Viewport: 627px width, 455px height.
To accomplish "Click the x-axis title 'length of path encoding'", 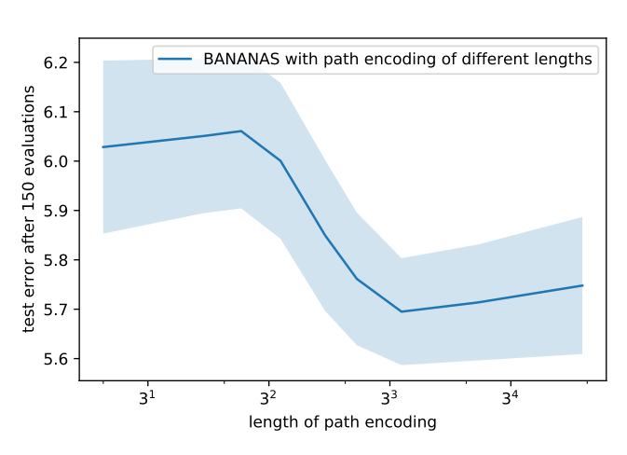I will tap(343, 422).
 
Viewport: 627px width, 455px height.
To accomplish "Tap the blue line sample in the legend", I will tap(176, 60).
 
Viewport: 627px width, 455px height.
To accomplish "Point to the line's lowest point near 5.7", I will tap(402, 311).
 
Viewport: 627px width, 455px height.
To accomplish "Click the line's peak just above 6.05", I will tap(241, 131).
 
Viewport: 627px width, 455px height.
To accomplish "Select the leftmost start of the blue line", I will tap(102, 147).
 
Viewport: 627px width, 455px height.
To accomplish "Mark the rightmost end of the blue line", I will tap(582, 285).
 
